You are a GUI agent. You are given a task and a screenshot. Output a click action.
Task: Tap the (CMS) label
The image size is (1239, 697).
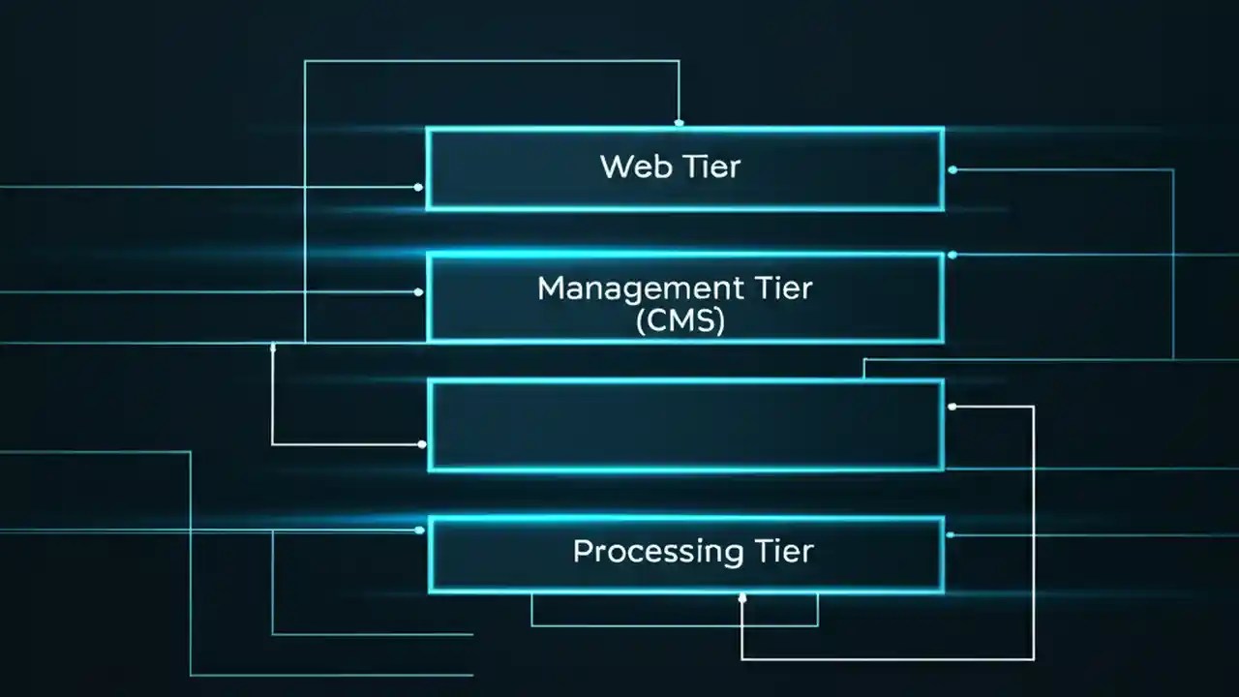pos(680,319)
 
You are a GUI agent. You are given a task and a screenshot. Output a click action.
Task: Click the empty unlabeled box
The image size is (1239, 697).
pos(685,425)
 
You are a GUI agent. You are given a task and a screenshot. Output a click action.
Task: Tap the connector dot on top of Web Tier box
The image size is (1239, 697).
pos(679,123)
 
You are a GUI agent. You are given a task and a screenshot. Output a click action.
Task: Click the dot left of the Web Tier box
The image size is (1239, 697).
pos(418,187)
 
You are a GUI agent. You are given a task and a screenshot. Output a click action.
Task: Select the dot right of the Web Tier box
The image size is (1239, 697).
pos(952,169)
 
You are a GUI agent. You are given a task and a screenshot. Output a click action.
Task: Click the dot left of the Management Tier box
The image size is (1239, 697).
pos(418,291)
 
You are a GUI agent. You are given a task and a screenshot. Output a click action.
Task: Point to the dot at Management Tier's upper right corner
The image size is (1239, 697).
pos(952,255)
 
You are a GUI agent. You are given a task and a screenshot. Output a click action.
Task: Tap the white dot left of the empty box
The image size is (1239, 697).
pos(422,444)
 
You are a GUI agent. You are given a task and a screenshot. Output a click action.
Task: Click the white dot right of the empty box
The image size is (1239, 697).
pos(952,407)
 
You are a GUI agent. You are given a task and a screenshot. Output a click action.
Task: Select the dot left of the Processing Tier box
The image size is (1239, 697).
pos(420,530)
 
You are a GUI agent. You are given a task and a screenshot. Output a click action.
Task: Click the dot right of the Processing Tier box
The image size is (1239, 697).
pos(951,534)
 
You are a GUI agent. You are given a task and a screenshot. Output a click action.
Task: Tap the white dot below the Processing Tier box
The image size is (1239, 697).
pos(742,598)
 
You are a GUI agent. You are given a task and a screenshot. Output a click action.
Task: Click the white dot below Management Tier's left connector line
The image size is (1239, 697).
pos(273,347)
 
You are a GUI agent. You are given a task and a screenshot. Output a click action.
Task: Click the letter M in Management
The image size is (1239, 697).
pos(550,288)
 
